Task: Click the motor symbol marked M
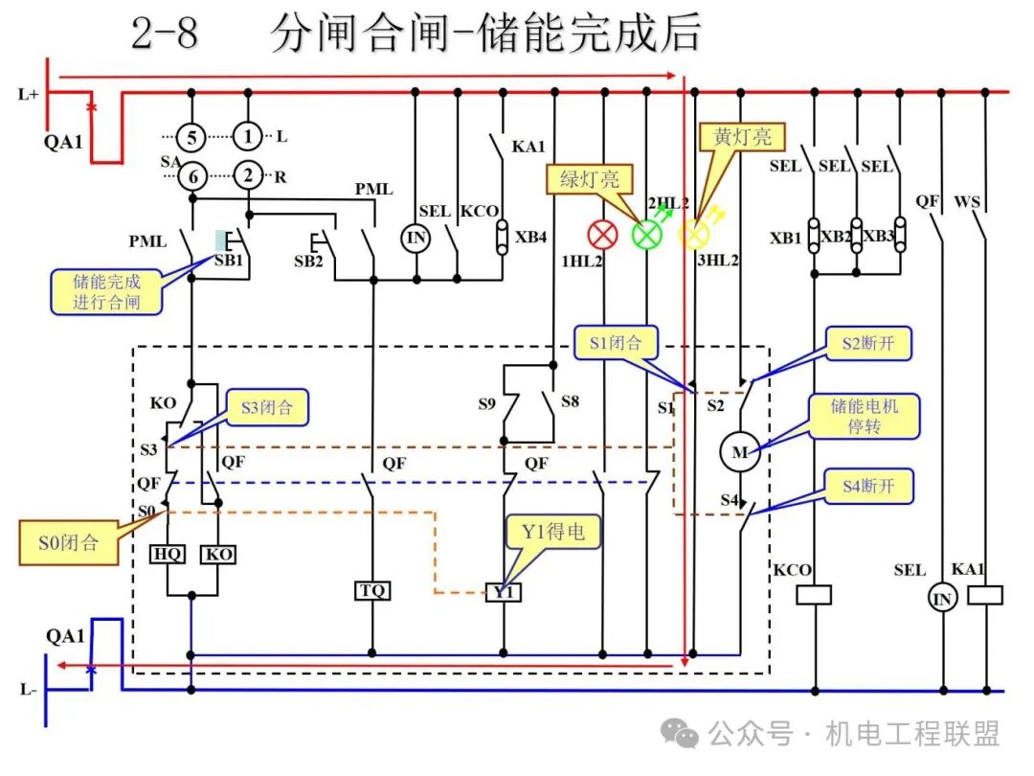click(x=739, y=452)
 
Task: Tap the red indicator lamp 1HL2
click(x=602, y=234)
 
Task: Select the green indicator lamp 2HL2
click(x=648, y=234)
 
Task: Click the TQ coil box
click(x=371, y=590)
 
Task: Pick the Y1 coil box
click(x=504, y=593)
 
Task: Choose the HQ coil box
click(x=169, y=554)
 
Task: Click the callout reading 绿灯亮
click(x=584, y=179)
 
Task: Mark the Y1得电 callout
click(x=553, y=532)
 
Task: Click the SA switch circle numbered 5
click(x=191, y=138)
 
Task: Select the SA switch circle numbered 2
click(x=248, y=175)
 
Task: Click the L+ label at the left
click(x=29, y=94)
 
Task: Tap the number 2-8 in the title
click(x=164, y=34)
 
